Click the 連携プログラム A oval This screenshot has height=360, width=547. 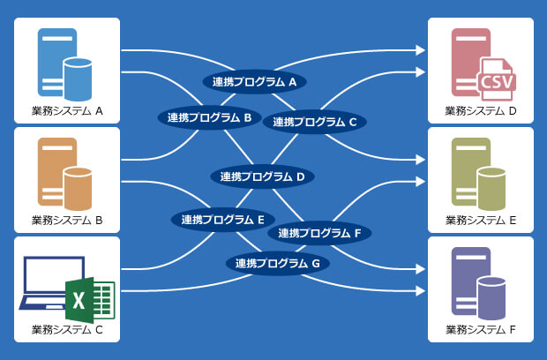coord(255,82)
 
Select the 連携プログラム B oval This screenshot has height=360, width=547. coord(209,116)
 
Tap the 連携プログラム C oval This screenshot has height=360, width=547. coord(315,122)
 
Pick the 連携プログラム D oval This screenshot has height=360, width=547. coord(262,176)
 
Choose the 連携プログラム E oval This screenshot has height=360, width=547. coord(223,219)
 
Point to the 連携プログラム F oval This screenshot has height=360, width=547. coord(320,233)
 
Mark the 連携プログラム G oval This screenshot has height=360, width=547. coord(278,263)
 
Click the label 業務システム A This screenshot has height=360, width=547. coord(67,111)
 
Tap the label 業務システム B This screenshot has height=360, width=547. coord(67,221)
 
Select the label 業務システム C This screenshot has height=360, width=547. coord(67,330)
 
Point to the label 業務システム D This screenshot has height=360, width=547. coord(481,111)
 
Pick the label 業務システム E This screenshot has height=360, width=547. coord(481,221)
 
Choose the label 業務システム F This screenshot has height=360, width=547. coord(481,330)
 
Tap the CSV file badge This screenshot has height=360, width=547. coord(497,81)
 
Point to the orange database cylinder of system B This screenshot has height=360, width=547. coord(79,188)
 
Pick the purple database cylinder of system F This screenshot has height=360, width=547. coord(491,297)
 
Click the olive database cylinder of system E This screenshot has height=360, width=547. coord(491,188)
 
